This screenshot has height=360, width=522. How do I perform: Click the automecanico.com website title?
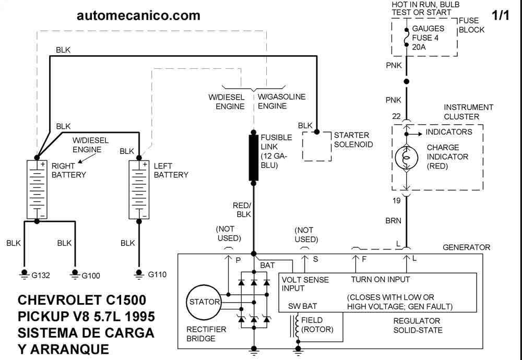click(138, 16)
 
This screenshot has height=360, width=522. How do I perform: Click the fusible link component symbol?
click(254, 157)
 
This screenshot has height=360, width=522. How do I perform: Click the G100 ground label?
click(94, 275)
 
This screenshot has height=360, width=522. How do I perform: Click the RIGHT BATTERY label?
click(68, 170)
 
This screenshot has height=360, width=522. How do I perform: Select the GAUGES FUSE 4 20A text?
click(428, 38)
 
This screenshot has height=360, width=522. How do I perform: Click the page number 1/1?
click(500, 16)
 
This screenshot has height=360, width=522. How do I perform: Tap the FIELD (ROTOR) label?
click(316, 325)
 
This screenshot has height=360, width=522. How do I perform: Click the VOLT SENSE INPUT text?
click(305, 284)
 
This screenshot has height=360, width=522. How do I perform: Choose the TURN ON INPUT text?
click(380, 280)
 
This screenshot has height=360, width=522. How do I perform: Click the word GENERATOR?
click(466, 247)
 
